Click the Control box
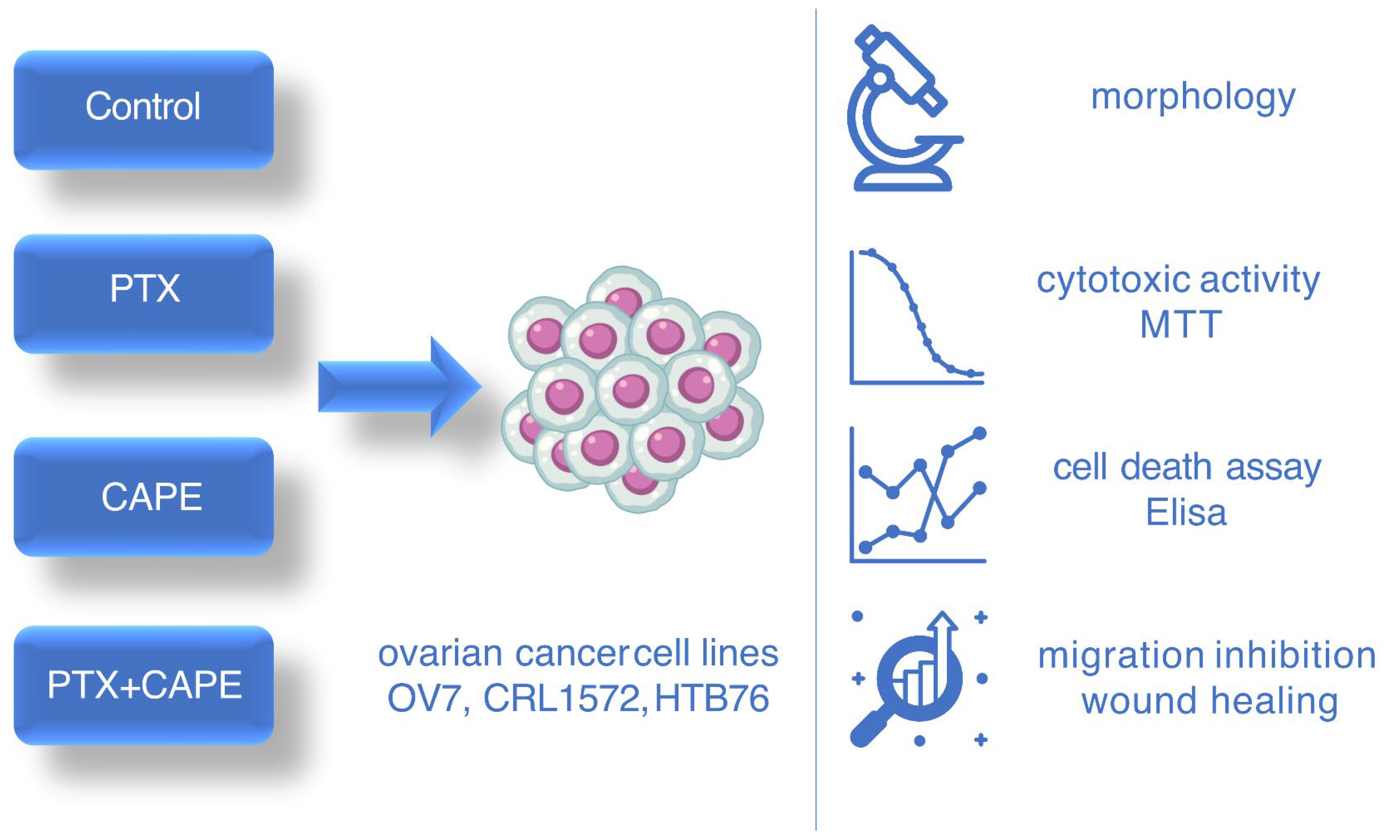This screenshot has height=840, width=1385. tap(143, 110)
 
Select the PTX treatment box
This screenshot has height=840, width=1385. tap(143, 293)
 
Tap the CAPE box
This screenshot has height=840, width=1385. tap(143, 497)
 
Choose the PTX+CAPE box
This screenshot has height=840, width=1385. tap(143, 685)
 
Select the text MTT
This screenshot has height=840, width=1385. tap(1181, 324)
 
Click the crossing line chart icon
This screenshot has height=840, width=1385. tap(918, 495)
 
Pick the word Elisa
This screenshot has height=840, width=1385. tap(1186, 512)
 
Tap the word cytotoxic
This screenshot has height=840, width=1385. tap(1113, 280)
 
